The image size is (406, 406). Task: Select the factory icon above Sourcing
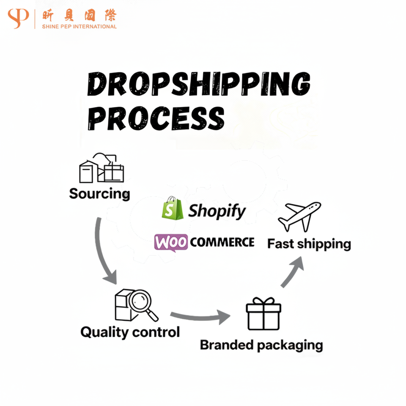(101, 168)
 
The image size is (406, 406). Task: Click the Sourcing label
(99, 194)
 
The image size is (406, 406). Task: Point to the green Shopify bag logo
(172, 208)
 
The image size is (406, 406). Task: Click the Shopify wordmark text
(217, 211)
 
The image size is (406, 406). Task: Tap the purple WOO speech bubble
(171, 243)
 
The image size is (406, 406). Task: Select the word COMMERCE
(222, 242)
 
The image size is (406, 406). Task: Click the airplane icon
(299, 216)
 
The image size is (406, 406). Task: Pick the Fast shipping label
(309, 244)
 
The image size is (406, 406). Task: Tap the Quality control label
(130, 332)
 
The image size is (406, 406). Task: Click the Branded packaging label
(261, 345)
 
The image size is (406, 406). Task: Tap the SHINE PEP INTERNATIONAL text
(79, 27)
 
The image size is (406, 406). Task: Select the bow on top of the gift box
(263, 301)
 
